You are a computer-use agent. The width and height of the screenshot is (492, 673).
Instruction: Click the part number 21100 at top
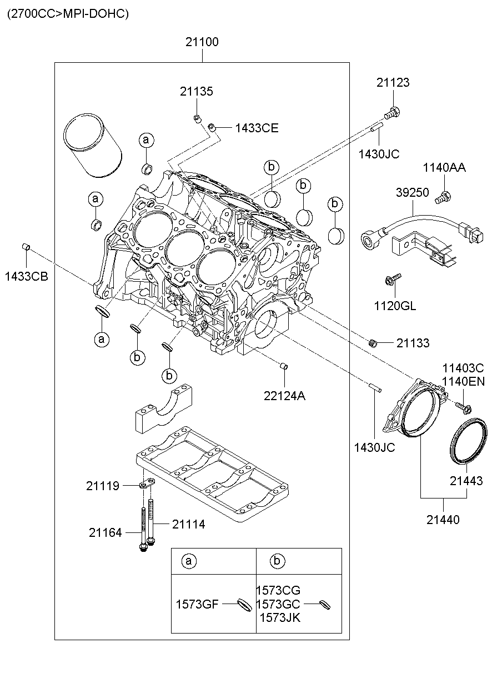202,42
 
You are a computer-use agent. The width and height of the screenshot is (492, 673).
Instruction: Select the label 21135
196,92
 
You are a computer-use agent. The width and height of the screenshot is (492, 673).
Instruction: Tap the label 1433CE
257,128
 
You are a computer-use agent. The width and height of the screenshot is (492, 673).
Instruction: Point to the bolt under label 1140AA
444,196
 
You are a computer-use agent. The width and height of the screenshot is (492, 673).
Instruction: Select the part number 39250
412,192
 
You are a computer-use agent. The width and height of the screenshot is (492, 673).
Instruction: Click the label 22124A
284,396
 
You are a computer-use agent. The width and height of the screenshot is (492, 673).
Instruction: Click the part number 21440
443,520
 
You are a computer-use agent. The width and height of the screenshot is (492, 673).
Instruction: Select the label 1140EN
463,381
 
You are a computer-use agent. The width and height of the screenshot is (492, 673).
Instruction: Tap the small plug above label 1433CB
26,247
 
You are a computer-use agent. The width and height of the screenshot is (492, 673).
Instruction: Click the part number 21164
105,532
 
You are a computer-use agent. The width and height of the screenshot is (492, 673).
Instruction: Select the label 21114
188,524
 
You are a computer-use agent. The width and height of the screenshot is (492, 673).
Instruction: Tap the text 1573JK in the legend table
280,617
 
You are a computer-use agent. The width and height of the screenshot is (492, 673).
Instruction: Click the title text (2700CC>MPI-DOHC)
68,14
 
